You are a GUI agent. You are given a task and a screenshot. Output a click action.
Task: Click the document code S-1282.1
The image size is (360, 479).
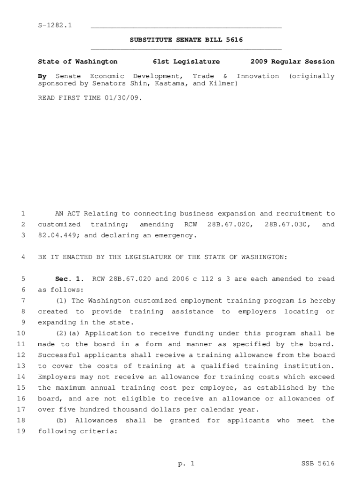(55, 25)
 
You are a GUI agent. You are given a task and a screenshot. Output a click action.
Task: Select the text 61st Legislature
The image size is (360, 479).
(186, 62)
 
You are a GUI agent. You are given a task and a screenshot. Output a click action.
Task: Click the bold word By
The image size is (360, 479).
(42, 76)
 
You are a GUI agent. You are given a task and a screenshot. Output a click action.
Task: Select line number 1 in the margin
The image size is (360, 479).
(22, 214)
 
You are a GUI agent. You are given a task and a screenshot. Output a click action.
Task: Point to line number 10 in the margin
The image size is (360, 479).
(21, 334)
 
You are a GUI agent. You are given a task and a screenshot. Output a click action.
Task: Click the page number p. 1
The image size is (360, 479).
(186, 464)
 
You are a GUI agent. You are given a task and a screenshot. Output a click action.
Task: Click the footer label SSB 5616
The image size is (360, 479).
(318, 464)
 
